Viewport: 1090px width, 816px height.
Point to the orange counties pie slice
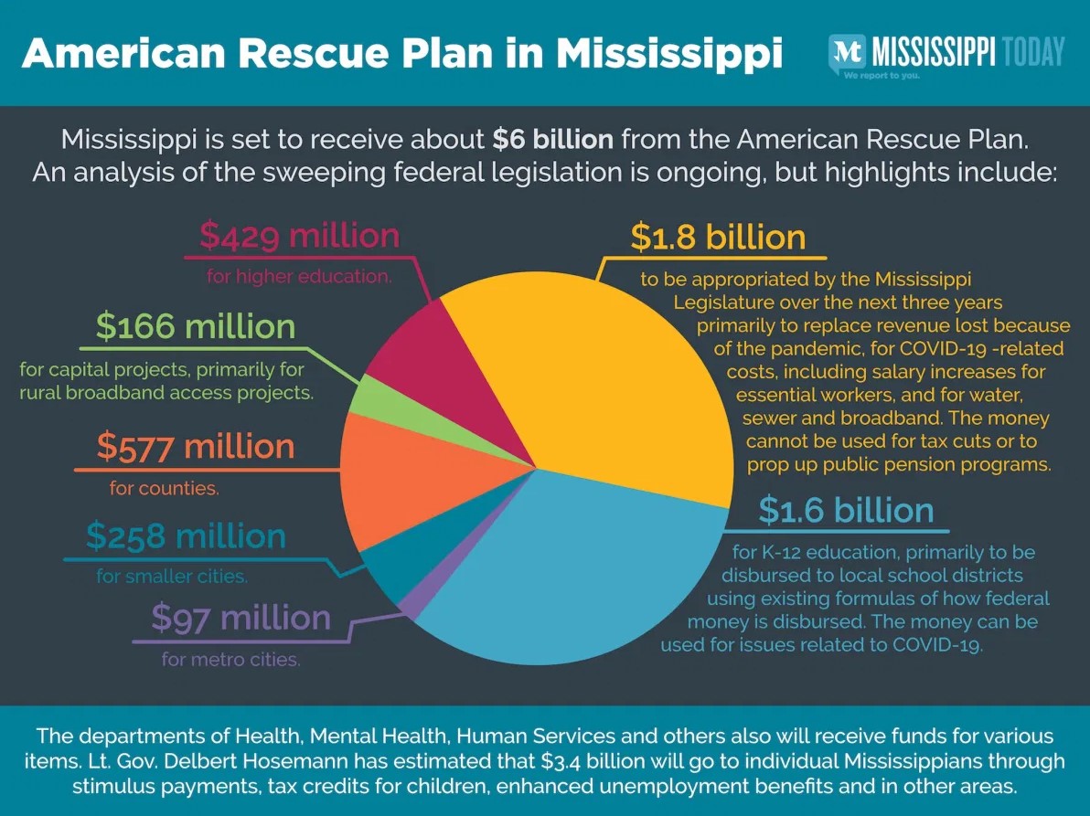coord(393,475)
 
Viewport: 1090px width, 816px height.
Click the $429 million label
coord(300,237)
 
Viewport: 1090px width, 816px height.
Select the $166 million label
coord(196,327)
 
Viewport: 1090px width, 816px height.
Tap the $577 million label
coord(196,447)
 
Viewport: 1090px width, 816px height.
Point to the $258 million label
coord(187,535)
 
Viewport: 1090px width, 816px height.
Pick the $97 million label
coord(240,618)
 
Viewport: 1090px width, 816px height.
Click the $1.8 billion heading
coord(718,238)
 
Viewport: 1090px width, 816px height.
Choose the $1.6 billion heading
coord(846,510)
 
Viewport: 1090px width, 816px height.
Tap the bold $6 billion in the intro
coord(551,139)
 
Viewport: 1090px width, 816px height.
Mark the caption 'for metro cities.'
coord(231,658)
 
